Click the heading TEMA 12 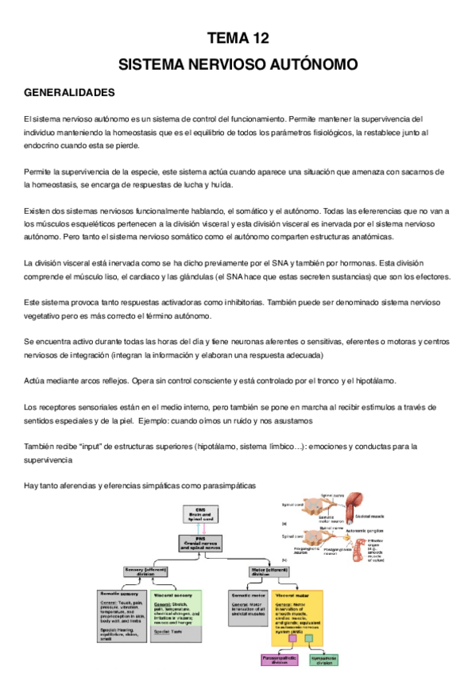click(238, 37)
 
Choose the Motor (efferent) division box click(269, 571)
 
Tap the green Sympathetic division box click(323, 660)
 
